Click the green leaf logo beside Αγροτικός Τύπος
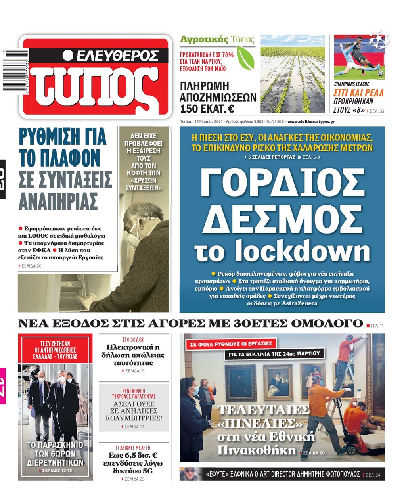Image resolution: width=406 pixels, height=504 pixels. coord(245,58)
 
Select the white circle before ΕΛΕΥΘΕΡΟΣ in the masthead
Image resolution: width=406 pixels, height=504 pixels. coord(68,55)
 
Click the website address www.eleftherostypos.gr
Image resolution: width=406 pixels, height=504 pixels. coord(311,121)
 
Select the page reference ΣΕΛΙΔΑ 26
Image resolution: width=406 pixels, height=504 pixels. coord(31,266)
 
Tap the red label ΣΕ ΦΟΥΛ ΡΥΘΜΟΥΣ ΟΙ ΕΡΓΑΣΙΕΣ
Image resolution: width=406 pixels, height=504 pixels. coord(231,344)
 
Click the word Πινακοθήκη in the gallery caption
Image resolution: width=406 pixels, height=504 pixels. coord(257,450)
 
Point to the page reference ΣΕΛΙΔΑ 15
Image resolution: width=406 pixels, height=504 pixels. coord(134,371)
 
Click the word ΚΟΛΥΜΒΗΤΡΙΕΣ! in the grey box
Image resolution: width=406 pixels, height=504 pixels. coord(134,418)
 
